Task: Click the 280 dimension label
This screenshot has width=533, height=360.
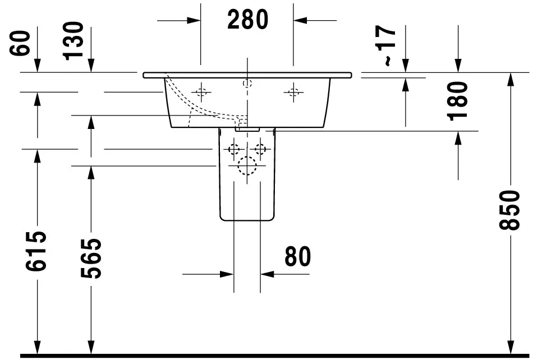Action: (x=247, y=20)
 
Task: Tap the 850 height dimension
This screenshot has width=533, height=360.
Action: (x=509, y=210)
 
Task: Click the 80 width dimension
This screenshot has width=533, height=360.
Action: (x=297, y=257)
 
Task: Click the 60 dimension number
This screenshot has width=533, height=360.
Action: (x=21, y=44)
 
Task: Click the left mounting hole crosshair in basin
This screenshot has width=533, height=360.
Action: (x=201, y=92)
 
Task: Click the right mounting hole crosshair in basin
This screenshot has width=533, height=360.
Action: (x=292, y=92)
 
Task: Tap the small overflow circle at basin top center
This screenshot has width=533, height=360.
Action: (x=247, y=84)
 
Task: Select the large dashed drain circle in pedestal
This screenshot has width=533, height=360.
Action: (x=247, y=165)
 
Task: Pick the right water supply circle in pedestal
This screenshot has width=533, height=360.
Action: (x=260, y=149)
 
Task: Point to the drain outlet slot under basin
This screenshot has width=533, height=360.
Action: (x=247, y=128)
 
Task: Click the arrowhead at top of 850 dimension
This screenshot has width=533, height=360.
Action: (x=509, y=79)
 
